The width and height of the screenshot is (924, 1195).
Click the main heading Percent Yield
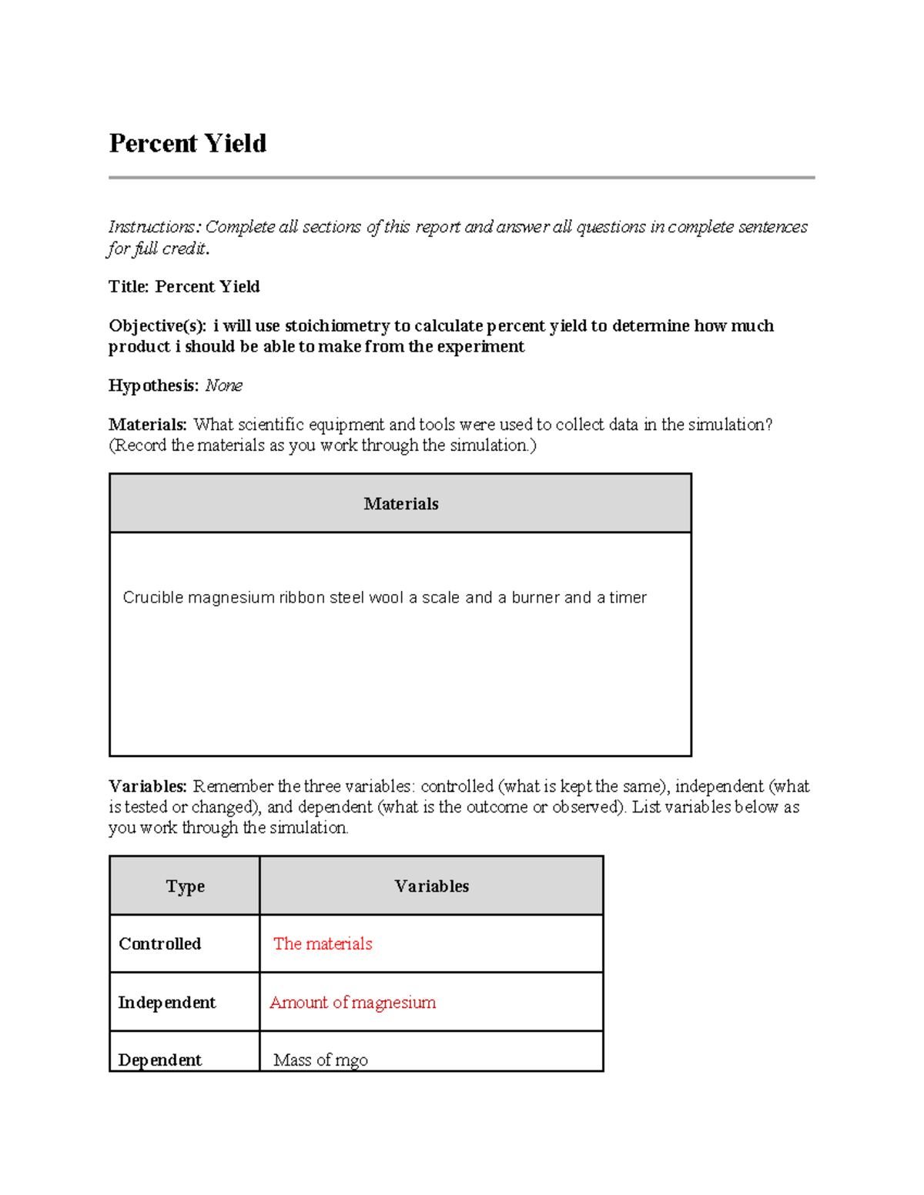tap(187, 144)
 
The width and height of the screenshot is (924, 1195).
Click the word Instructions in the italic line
tap(153, 227)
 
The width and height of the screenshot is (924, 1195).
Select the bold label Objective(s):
tap(157, 326)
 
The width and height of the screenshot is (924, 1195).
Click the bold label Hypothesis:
tap(153, 386)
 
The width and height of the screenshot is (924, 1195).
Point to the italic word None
tap(224, 386)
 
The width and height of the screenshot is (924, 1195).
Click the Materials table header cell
tap(400, 504)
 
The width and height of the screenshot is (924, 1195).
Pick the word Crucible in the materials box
tap(152, 598)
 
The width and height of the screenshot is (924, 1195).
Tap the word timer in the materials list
tap(628, 598)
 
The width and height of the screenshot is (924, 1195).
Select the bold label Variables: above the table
tap(147, 786)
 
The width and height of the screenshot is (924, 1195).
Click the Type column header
tap(185, 886)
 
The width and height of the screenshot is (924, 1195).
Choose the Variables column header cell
tap(431, 886)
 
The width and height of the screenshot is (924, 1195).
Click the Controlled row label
tap(159, 944)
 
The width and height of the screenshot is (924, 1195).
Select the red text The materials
tap(323, 944)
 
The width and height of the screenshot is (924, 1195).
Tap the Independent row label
tap(166, 1003)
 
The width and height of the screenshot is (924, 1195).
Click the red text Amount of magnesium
tap(353, 1003)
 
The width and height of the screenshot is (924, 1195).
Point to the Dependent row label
tap(159, 1060)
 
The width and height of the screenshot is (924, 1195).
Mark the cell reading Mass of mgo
tap(320, 1060)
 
